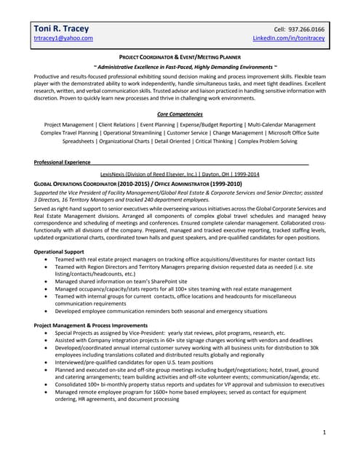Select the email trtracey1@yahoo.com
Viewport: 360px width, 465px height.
[x=63, y=38]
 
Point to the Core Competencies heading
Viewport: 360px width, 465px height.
[x=180, y=114]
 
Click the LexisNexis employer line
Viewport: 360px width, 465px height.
[x=180, y=174]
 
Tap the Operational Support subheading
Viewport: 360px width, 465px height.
[x=63, y=251]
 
